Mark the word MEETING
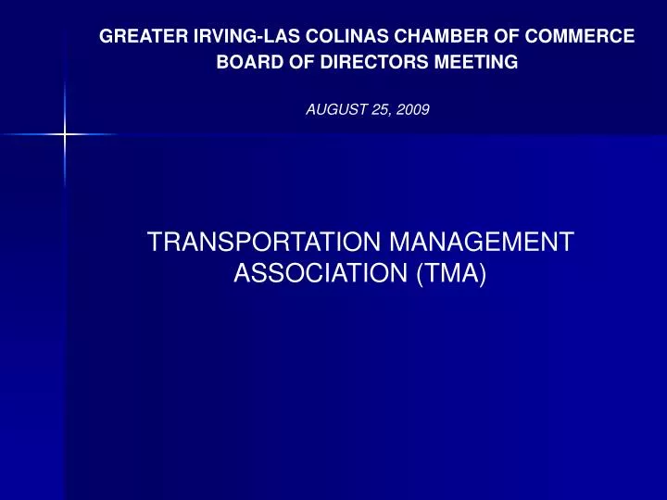[x=472, y=63]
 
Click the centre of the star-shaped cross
[x=64, y=135]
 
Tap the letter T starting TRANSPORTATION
[x=155, y=243]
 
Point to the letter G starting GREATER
[x=107, y=37]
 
